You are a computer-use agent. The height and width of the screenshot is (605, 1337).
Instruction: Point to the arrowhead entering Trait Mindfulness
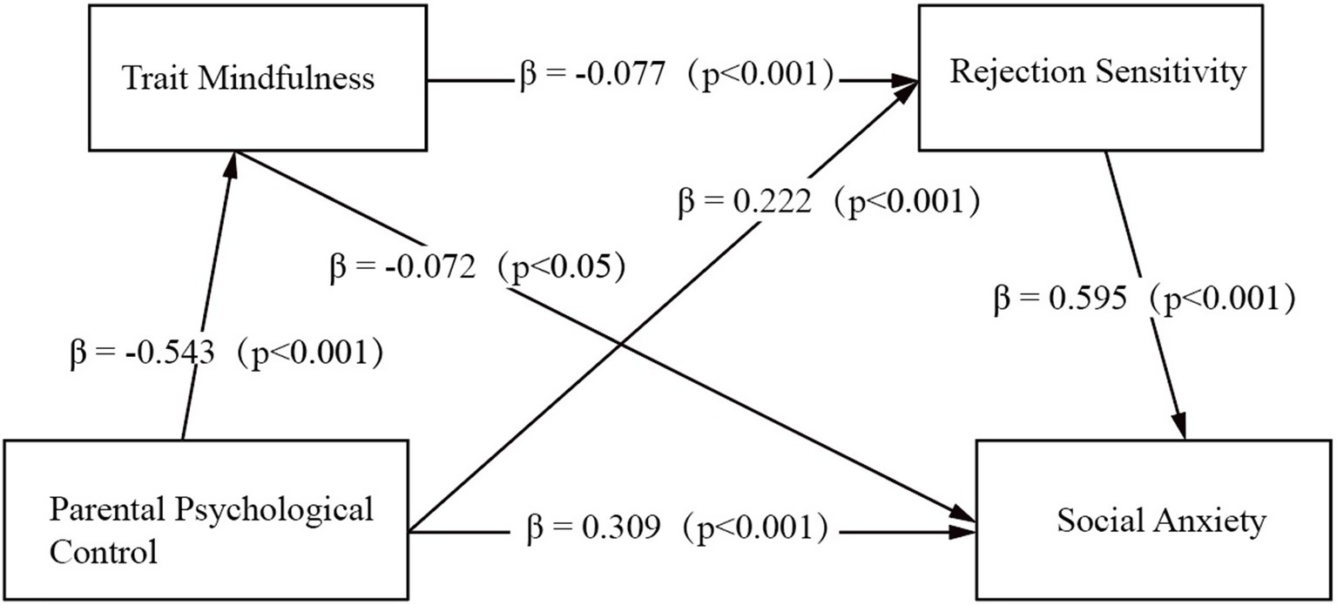[231, 158]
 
